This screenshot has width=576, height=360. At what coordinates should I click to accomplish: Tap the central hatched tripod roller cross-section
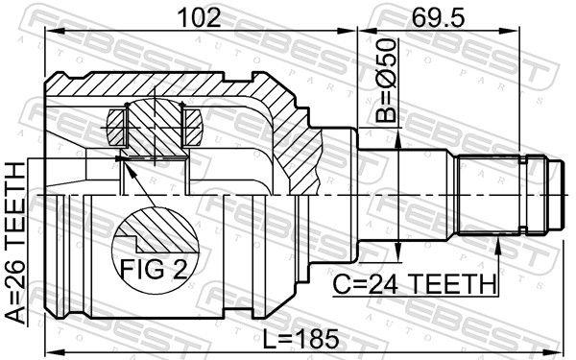pos(154,125)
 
